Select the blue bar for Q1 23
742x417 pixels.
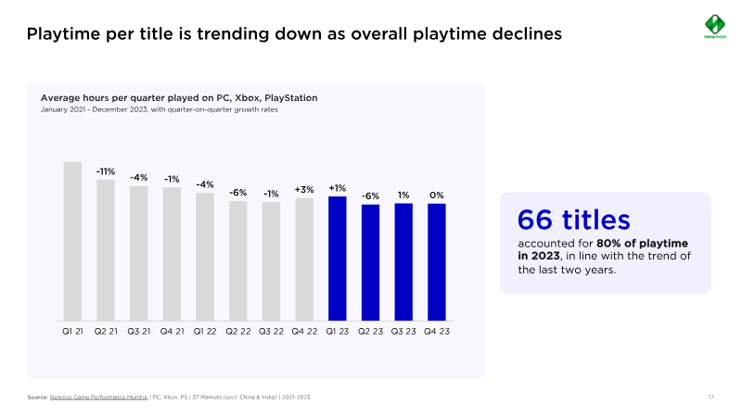coord(337,259)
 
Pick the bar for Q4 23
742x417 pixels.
coord(436,262)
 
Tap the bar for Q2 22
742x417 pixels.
coord(237,261)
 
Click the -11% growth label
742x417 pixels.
coord(106,171)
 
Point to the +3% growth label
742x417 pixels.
coord(304,189)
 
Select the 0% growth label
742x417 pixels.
coord(436,196)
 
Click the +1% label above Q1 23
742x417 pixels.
coord(337,188)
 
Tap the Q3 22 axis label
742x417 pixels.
coord(271,331)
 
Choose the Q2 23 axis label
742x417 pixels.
coord(370,331)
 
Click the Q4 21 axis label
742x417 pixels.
coord(172,331)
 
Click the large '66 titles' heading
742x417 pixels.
coord(573,220)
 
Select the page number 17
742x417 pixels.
coord(710,398)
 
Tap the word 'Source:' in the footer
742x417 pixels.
coord(38,398)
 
